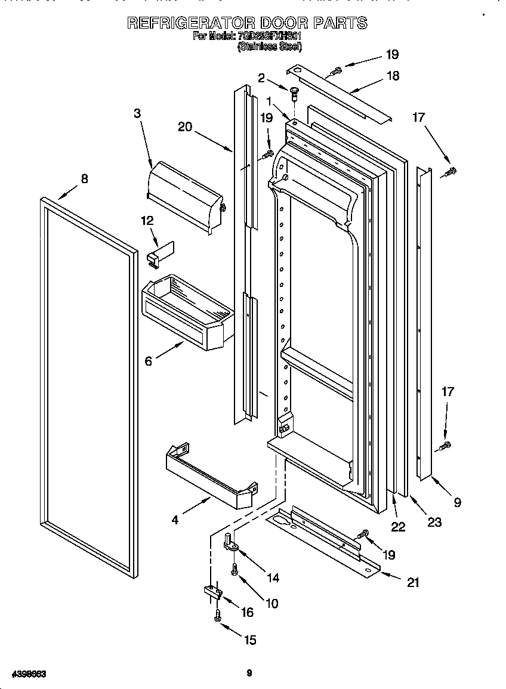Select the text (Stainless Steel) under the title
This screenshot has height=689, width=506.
click(269, 47)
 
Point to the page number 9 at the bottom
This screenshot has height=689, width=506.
click(249, 673)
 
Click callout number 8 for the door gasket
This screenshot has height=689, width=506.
click(84, 178)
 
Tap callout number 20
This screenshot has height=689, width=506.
click(185, 126)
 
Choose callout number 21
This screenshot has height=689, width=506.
click(413, 582)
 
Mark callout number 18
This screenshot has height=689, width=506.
click(393, 76)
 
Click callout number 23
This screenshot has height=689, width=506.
click(434, 522)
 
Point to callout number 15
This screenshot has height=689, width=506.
click(250, 639)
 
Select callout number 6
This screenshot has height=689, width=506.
click(149, 361)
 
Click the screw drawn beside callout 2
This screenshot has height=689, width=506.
click(294, 92)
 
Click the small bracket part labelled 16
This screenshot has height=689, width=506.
click(212, 592)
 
